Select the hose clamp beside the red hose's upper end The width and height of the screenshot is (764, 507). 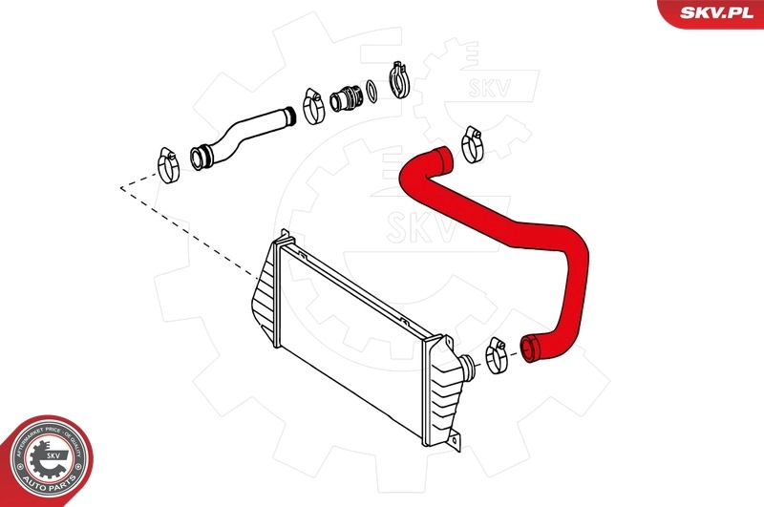click(471, 143)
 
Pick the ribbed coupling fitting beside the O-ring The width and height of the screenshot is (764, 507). click(346, 97)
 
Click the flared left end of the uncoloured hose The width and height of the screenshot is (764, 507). click(202, 155)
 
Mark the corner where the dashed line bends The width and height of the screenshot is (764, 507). click(121, 188)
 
